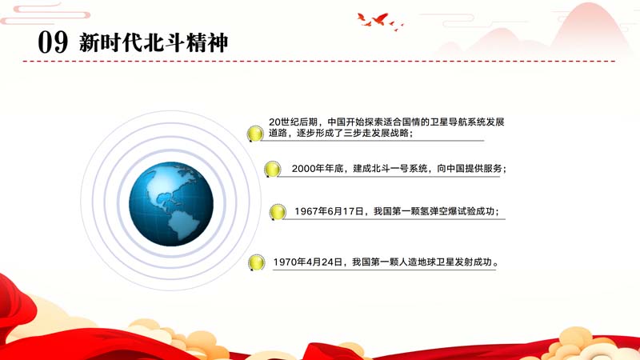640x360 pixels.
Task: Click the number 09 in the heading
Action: pyautogui.click(x=53, y=42)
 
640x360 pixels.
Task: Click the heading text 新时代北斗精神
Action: pyautogui.click(x=154, y=42)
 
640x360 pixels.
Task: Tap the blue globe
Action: pyautogui.click(x=171, y=204)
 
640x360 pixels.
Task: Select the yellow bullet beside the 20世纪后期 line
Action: pyautogui.click(x=255, y=134)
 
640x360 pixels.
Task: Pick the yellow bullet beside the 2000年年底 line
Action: pyautogui.click(x=272, y=169)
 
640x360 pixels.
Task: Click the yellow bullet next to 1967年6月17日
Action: pyautogui.click(x=278, y=212)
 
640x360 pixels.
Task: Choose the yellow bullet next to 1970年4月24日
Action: pyautogui.click(x=256, y=262)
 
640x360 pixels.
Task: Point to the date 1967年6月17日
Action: pyautogui.click(x=329, y=211)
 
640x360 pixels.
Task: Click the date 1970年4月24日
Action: pyautogui.click(x=308, y=262)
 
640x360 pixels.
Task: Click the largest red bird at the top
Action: pyautogui.click(x=379, y=18)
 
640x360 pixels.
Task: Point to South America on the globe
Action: pyautogui.click(x=183, y=224)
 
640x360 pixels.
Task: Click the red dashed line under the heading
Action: pyautogui.click(x=319, y=62)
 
